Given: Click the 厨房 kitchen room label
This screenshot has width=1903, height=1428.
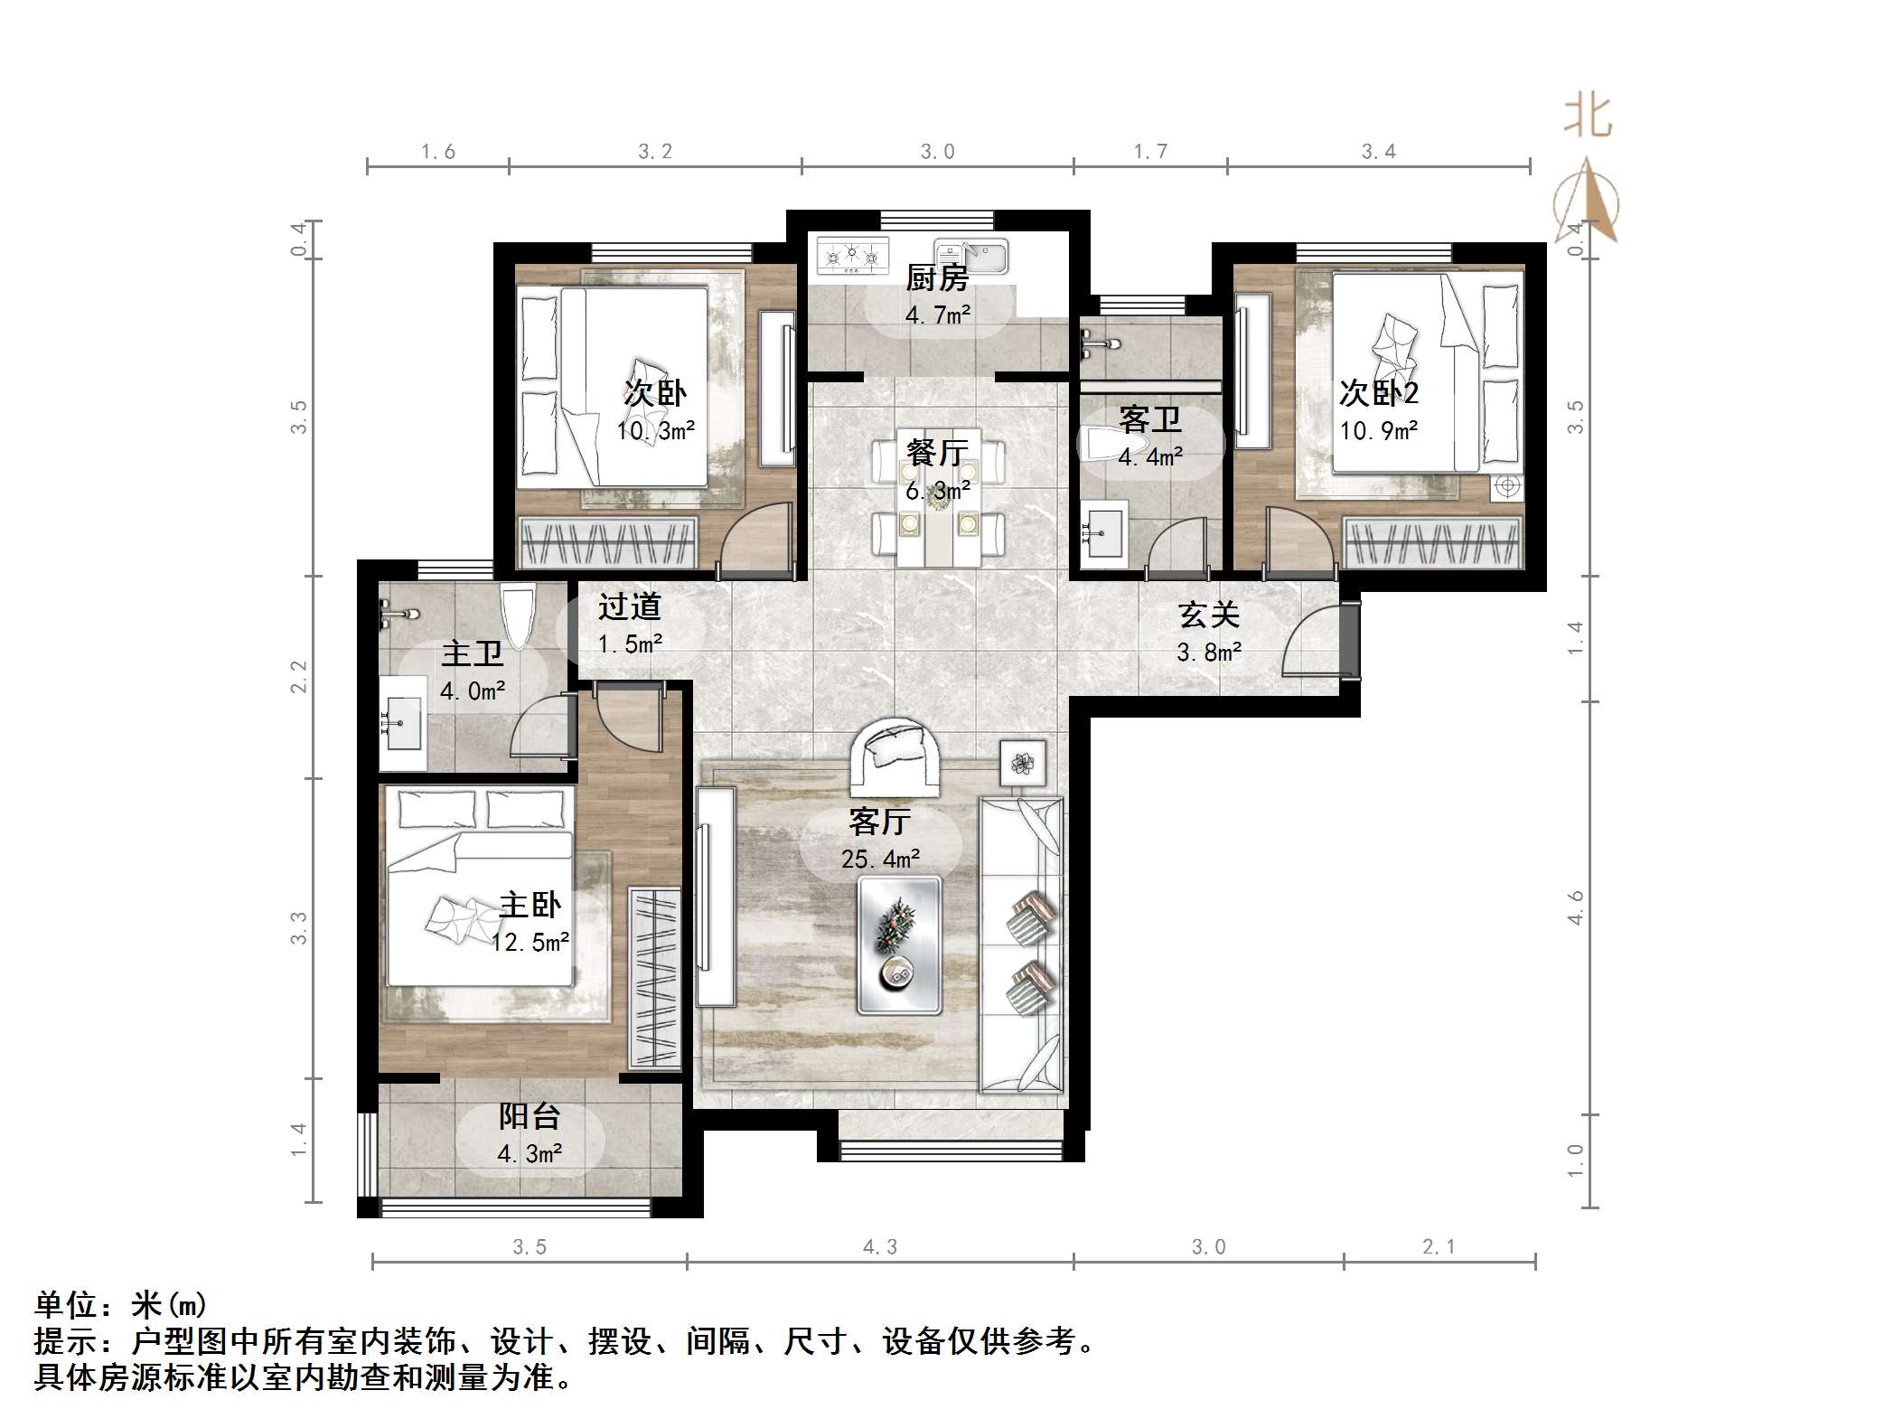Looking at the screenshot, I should pyautogui.click(x=937, y=278).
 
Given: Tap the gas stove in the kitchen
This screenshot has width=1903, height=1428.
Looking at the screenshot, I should pyautogui.click(x=852, y=255).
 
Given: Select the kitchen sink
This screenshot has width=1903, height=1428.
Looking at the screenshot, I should pyautogui.click(x=971, y=256).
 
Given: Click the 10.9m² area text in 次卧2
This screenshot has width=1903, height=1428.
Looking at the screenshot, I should pyautogui.click(x=1378, y=431).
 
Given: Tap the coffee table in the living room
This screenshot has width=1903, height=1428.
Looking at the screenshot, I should pyautogui.click(x=899, y=944).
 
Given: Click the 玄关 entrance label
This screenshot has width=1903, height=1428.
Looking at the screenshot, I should pyautogui.click(x=1208, y=615).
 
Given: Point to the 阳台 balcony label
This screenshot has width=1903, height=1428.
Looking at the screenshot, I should pyautogui.click(x=530, y=1116).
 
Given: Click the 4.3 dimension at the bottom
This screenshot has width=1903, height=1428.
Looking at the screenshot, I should pyautogui.click(x=880, y=1248).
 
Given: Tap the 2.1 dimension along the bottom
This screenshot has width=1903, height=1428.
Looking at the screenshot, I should pyautogui.click(x=1439, y=1248).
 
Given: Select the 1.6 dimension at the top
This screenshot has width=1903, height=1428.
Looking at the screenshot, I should pyautogui.click(x=438, y=152).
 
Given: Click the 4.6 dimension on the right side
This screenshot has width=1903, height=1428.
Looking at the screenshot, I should pyautogui.click(x=1575, y=907).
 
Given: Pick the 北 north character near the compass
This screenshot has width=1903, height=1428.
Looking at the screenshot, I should pyautogui.click(x=1588, y=117).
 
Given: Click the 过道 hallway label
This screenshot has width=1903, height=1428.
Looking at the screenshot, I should pyautogui.click(x=630, y=606).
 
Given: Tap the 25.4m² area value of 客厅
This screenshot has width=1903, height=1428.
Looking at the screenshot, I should pyautogui.click(x=880, y=860).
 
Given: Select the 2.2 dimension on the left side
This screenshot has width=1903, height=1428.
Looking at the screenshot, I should pyautogui.click(x=299, y=676).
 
